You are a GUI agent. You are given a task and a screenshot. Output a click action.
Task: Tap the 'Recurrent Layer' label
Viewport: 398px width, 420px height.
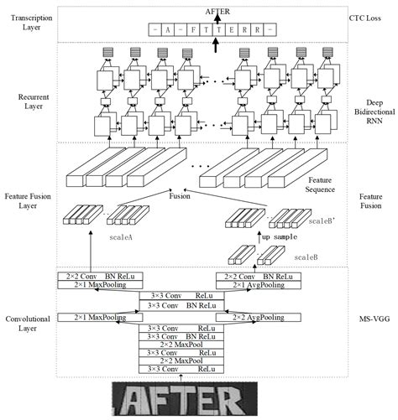click(x=32, y=103)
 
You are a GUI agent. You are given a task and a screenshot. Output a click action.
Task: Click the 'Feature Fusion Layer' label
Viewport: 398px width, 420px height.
click(x=32, y=199)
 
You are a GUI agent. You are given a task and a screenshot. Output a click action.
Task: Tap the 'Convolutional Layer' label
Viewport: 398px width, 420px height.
click(x=32, y=324)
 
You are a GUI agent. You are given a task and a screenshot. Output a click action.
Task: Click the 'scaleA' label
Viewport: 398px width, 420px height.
click(x=123, y=237)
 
